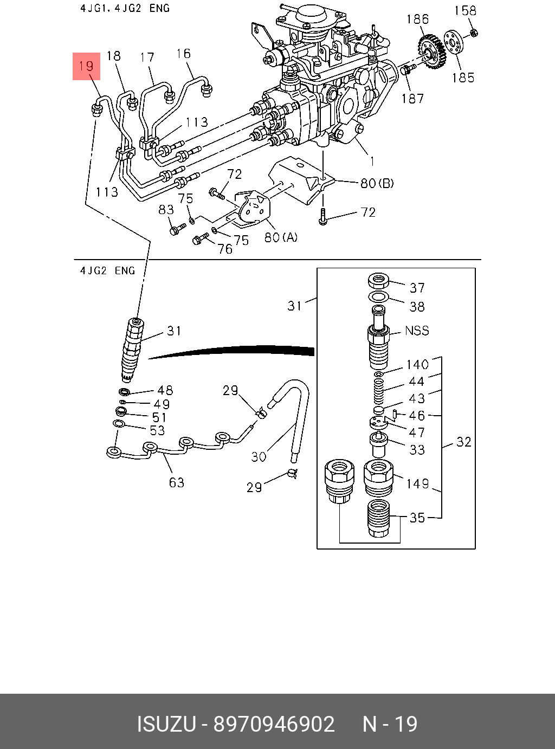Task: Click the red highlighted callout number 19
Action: (86, 66)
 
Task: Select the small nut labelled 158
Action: (473, 33)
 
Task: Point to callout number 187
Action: (412, 99)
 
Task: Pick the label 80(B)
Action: (377, 183)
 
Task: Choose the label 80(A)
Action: (281, 237)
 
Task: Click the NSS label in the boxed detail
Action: (417, 331)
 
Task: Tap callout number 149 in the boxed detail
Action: (417, 483)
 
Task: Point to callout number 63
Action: (177, 482)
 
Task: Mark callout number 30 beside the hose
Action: (259, 457)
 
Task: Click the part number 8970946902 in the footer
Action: (274, 724)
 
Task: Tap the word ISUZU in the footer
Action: (166, 724)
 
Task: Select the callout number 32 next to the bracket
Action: (463, 442)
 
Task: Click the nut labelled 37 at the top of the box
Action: (379, 281)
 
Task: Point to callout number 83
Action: (166, 210)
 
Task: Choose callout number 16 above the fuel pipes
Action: (183, 54)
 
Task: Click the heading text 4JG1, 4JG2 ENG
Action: (125, 8)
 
